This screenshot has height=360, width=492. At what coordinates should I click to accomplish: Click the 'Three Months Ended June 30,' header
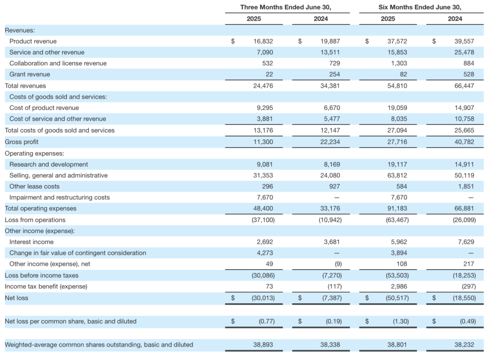[285, 7]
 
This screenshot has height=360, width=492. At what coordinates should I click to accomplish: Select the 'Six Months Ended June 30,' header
[420, 7]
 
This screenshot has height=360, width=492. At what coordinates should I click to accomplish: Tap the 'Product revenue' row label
[33, 41]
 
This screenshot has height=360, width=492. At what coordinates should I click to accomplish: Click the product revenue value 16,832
[263, 41]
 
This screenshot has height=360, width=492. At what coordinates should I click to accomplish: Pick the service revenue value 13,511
[330, 52]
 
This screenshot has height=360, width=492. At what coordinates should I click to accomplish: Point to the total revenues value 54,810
[397, 86]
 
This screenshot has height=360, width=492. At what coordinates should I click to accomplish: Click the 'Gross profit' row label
[21, 142]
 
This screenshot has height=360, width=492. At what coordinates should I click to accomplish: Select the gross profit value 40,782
[465, 142]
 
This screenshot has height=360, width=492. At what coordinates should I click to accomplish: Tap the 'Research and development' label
[49, 164]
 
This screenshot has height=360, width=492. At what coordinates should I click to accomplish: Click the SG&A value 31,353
[263, 175]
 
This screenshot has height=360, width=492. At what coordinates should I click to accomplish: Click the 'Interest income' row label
[31, 242]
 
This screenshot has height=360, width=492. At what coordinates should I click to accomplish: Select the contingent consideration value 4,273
[265, 253]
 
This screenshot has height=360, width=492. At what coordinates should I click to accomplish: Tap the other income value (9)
[338, 264]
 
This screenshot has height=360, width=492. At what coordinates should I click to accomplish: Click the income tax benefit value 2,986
[399, 286]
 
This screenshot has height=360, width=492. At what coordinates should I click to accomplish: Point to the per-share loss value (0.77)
[267, 322]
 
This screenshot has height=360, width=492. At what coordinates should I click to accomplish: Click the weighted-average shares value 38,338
[330, 345]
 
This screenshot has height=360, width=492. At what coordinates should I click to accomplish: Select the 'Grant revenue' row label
[29, 74]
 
